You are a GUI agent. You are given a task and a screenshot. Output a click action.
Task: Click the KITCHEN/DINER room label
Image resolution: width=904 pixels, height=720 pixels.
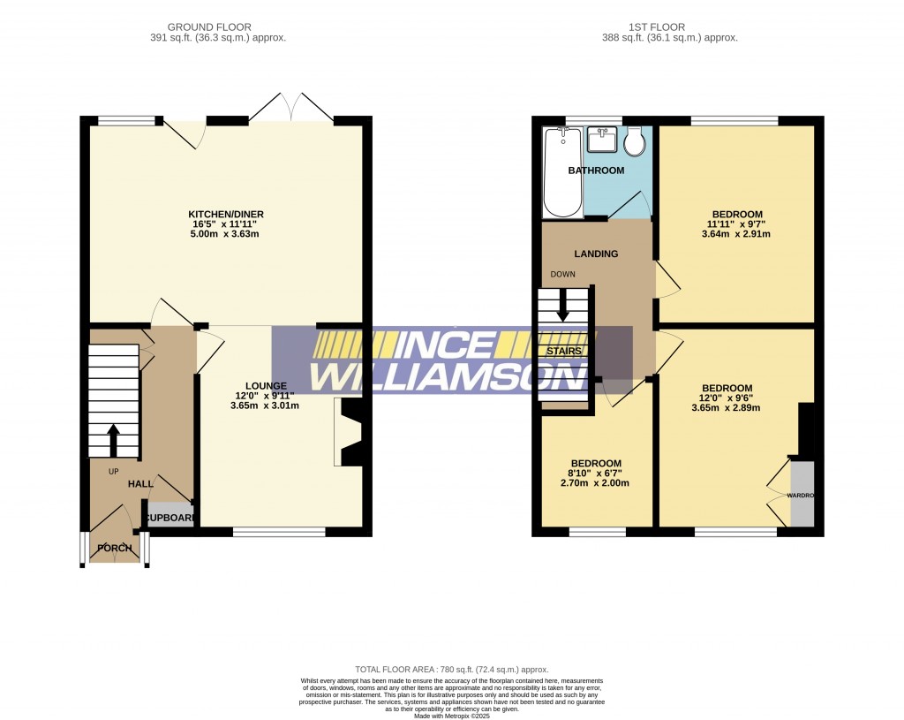point(226,215)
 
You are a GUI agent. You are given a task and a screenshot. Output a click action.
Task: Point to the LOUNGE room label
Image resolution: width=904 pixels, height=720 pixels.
point(266,386)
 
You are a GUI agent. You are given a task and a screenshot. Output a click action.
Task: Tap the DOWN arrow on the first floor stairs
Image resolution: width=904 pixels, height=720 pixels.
point(562,308)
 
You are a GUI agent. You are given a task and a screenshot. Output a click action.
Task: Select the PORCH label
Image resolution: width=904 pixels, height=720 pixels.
point(115,549)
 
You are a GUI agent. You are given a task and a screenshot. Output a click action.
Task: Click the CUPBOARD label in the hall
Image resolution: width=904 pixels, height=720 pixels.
point(169,518)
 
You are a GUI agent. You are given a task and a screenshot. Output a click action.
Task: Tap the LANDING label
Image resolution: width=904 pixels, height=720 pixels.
point(597,254)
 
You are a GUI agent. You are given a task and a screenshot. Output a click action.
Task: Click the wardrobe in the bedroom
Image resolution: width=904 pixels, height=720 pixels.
point(802,494)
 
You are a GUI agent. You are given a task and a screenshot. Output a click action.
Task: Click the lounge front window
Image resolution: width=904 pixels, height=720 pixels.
point(278,532)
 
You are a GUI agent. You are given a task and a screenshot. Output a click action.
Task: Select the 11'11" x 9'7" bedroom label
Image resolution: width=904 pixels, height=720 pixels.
point(737,224)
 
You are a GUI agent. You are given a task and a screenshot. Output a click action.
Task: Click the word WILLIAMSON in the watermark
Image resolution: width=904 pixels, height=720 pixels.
point(449,375)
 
